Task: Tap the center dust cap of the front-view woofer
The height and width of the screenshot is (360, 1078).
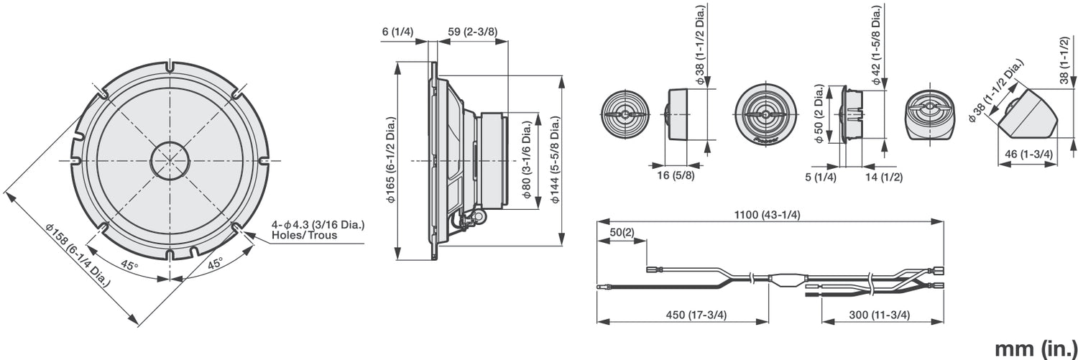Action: tap(170, 160)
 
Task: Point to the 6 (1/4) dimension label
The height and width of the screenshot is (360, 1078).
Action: tap(397, 32)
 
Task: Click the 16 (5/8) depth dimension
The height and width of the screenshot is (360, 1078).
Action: tap(673, 176)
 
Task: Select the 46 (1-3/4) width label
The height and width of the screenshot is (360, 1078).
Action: tap(1028, 154)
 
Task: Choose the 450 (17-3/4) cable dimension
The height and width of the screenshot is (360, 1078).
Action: tap(684, 315)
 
